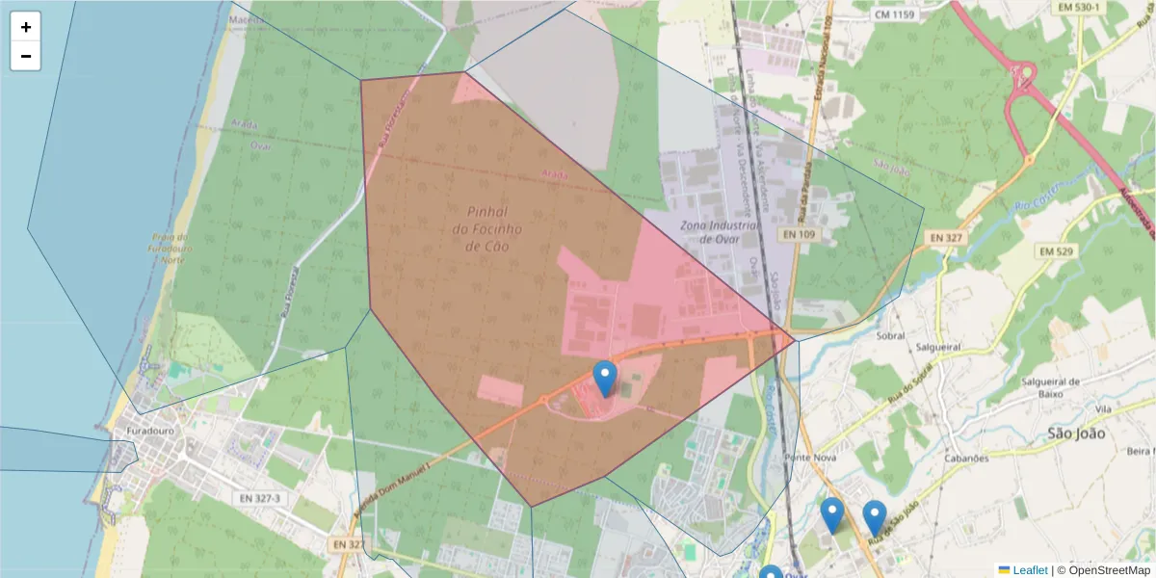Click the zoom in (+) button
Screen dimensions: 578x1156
pyautogui.click(x=25, y=27)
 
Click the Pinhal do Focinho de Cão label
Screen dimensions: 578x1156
pyautogui.click(x=486, y=228)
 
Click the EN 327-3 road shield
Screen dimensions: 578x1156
pyautogui.click(x=256, y=498)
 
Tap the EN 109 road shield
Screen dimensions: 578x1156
pyautogui.click(x=800, y=234)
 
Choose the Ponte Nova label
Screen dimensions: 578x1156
pyautogui.click(x=808, y=458)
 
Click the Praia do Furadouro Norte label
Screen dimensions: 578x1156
pyautogui.click(x=172, y=248)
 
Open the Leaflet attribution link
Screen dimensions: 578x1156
pyautogui.click(x=1029, y=570)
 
